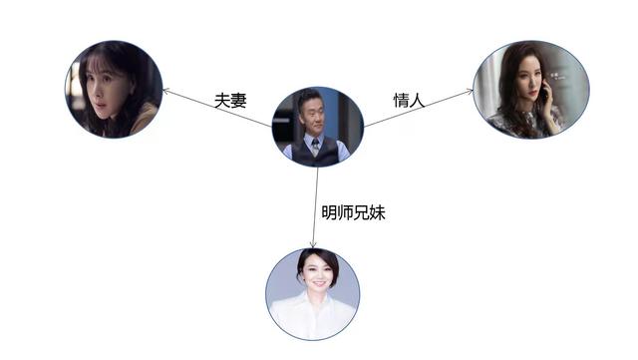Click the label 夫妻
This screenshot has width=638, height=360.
click(x=230, y=101)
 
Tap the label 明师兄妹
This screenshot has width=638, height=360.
click(x=352, y=211)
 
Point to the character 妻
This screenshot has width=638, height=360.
click(x=239, y=101)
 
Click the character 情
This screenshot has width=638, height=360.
click(x=402, y=99)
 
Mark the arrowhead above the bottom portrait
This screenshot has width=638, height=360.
click(x=314, y=243)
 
